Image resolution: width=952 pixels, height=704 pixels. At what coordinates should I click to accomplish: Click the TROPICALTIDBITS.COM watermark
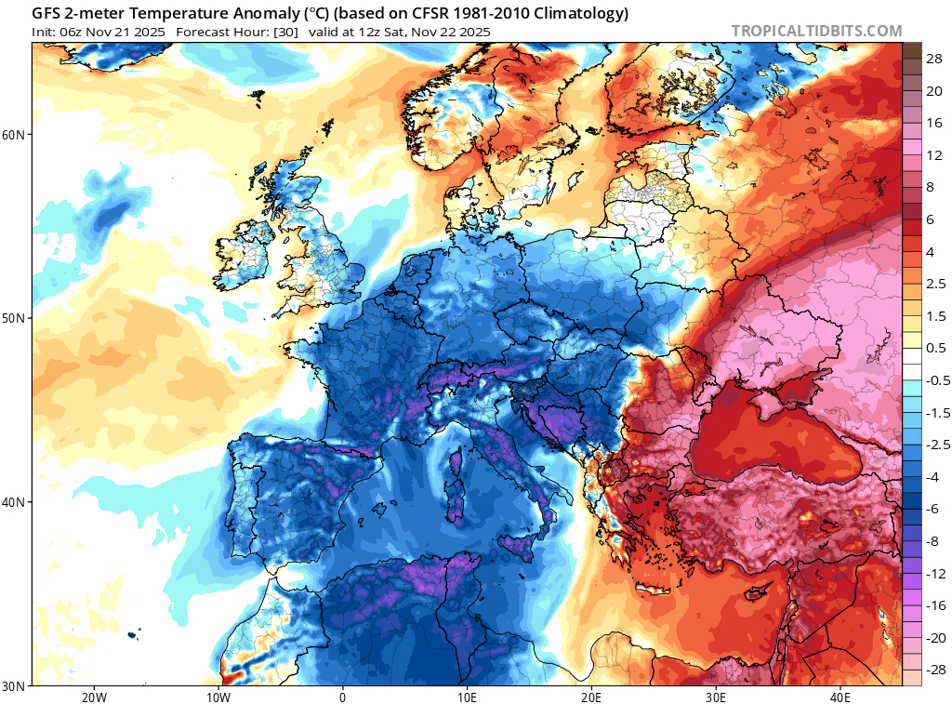tap(816, 31)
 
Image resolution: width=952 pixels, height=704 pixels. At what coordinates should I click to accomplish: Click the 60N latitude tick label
tap(14, 135)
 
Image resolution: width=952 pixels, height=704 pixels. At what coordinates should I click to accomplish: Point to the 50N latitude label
tap(14, 318)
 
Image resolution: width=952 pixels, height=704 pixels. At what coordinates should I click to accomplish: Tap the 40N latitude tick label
tap(14, 502)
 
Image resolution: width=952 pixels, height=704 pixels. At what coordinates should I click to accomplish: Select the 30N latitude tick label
tap(14, 685)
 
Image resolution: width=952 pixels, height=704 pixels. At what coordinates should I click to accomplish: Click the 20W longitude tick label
tap(93, 697)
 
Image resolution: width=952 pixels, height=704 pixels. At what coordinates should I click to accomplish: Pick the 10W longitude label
tap(218, 697)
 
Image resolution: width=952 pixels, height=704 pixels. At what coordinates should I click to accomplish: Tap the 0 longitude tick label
tap(342, 697)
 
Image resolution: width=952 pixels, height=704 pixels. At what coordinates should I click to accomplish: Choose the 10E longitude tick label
tap(467, 697)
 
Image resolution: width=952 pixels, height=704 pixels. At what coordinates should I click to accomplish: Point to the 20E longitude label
tap(591, 697)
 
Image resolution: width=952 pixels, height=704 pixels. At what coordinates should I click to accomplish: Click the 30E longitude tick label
tap(716, 697)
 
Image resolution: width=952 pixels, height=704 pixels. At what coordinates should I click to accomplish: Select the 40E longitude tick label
tap(840, 697)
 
